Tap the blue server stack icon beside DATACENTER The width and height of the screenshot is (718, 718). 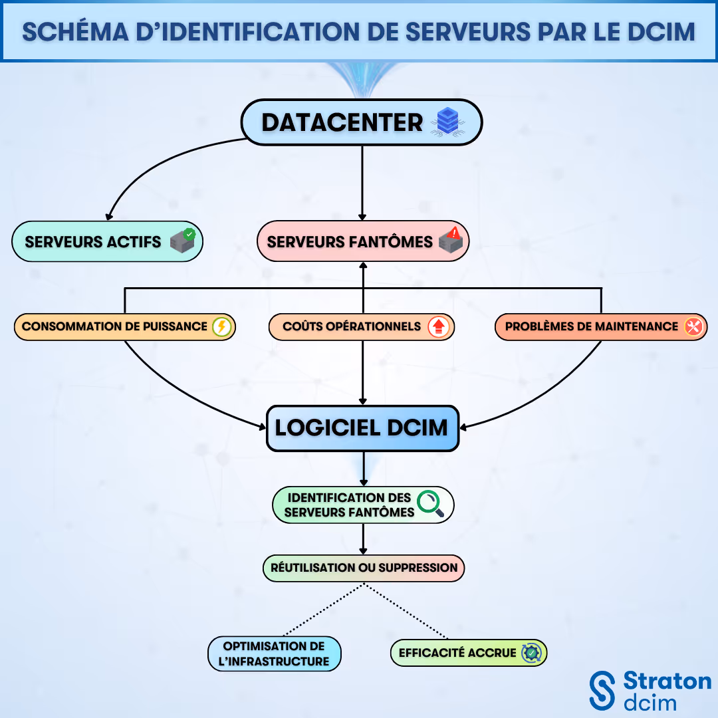[x=447, y=123]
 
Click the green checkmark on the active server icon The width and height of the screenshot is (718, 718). [x=189, y=234]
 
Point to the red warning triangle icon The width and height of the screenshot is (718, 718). [x=455, y=233]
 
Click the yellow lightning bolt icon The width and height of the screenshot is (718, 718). [x=221, y=326]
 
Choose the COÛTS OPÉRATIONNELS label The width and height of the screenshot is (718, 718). [x=352, y=326]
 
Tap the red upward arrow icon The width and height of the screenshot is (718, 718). [x=439, y=326]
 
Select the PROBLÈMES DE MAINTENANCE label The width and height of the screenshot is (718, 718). [x=591, y=326]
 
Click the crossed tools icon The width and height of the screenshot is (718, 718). [x=693, y=326]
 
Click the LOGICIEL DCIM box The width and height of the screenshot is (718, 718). [x=362, y=428]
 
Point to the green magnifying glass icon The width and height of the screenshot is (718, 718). [x=431, y=503]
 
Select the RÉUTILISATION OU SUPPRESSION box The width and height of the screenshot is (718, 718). [x=364, y=568]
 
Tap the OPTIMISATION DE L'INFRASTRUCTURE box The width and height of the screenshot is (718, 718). [x=274, y=654]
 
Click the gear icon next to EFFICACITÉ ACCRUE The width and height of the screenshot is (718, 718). [x=532, y=653]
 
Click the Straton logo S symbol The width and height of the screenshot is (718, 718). [x=603, y=690]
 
